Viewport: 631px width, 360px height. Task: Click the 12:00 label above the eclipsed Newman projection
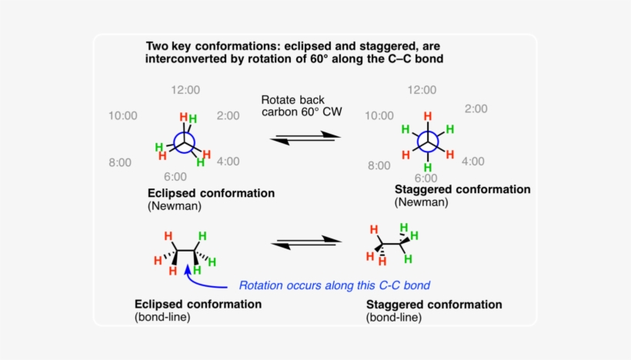tap(185, 90)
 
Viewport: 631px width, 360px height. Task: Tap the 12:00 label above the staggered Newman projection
tap(421, 90)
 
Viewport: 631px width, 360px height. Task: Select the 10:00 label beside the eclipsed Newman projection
tap(122, 116)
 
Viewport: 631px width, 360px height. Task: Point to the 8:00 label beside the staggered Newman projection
tap(379, 165)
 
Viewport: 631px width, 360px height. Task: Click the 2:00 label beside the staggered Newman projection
tap(475, 108)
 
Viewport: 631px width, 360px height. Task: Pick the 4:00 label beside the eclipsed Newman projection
tap(227, 161)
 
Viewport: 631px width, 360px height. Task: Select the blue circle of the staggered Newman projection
tap(427, 142)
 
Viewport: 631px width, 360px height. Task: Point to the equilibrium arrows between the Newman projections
tap(306, 137)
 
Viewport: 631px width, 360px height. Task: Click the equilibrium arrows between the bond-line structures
tap(306, 242)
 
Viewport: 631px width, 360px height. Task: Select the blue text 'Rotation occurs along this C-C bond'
tap(334, 285)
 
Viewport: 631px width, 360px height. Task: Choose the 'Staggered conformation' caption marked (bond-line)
tap(433, 305)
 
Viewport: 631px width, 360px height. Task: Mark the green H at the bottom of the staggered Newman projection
tap(427, 168)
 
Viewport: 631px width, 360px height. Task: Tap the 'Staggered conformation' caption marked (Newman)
tap(462, 189)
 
